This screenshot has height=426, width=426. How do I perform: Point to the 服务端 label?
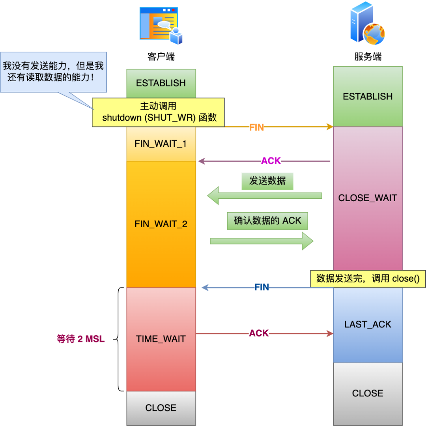(368, 57)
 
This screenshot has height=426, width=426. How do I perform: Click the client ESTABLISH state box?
(161, 83)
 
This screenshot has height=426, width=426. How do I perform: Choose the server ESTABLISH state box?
(368, 96)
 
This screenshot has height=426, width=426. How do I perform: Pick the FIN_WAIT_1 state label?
(161, 144)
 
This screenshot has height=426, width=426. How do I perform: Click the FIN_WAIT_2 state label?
(161, 224)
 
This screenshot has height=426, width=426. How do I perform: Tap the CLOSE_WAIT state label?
(368, 198)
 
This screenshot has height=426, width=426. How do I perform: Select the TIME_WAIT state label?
(161, 339)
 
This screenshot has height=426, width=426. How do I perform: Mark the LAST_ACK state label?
(368, 324)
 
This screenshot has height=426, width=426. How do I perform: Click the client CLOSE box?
(161, 408)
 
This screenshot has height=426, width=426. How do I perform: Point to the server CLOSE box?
(368, 393)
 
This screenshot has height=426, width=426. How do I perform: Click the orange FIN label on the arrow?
(257, 127)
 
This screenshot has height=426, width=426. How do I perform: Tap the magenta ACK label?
(271, 161)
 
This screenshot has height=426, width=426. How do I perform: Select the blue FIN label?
(262, 288)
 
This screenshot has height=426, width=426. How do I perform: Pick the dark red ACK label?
(259, 334)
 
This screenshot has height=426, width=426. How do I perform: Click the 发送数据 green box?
(267, 181)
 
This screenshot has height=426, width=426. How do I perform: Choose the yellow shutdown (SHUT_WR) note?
(159, 112)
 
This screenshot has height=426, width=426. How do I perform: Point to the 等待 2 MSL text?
(81, 339)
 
